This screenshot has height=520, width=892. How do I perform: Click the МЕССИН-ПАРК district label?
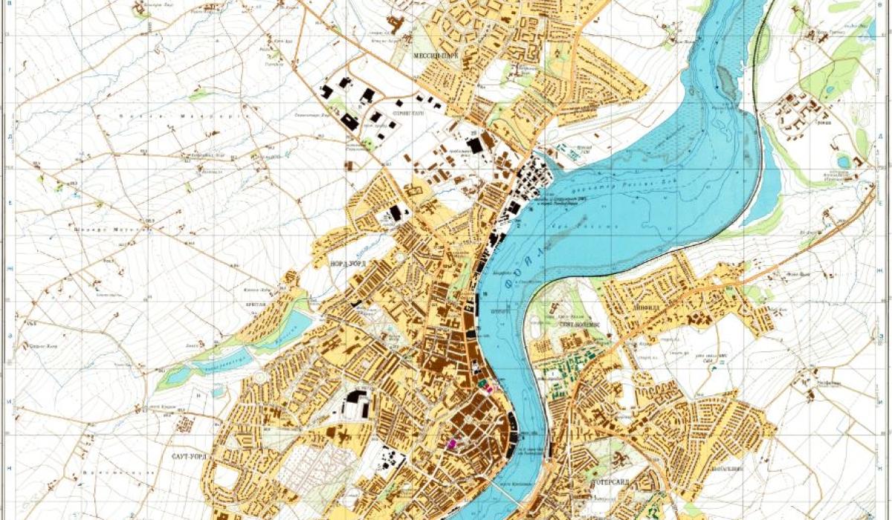tap(436, 56)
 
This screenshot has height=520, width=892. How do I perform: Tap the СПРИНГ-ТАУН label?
tap(411, 114)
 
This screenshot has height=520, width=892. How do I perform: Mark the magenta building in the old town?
tap(450, 443)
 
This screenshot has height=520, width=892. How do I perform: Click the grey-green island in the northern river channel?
tap(727, 82)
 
